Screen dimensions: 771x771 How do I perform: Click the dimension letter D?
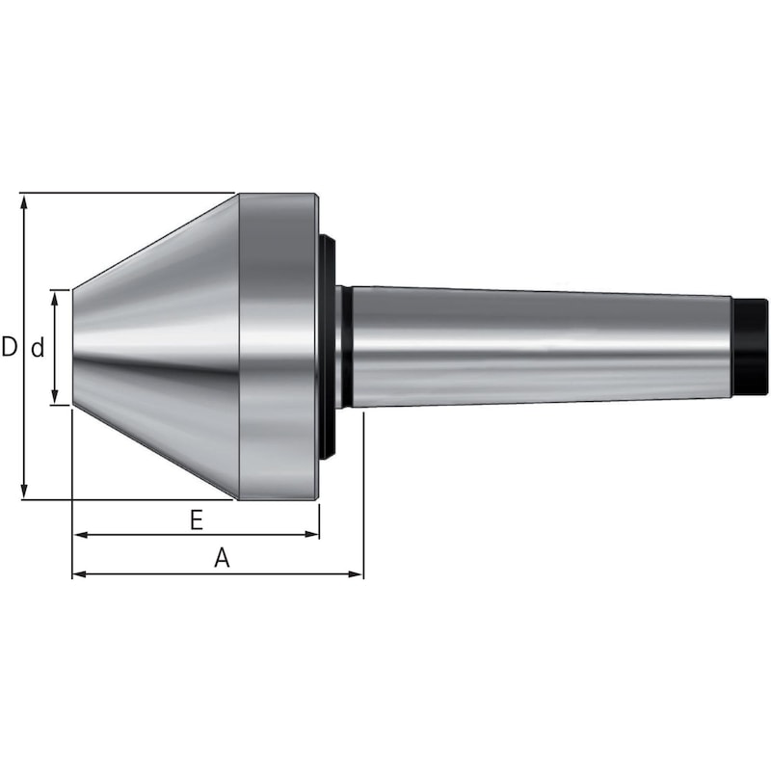tap(9, 347)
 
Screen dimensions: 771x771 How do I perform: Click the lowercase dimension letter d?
tap(38, 348)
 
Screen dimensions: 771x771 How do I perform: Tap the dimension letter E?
tap(197, 519)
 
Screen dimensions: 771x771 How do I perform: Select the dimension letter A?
tap(222, 558)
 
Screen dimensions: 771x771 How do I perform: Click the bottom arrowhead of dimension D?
tap(23, 491)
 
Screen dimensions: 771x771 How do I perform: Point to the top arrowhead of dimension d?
tap(55, 298)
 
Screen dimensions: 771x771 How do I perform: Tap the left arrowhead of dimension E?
tap(81, 535)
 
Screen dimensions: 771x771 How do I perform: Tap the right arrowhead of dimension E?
tap(311, 535)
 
